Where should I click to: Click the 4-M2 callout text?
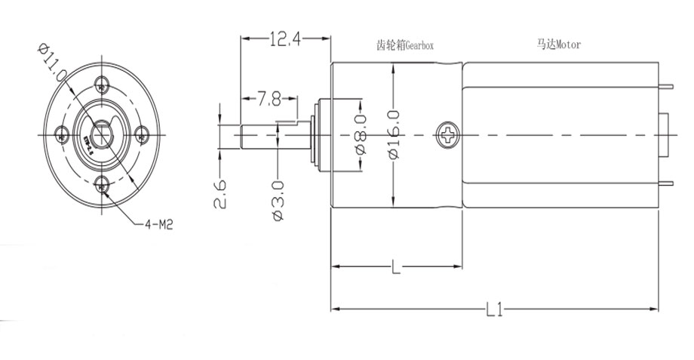pyautogui.click(x=159, y=223)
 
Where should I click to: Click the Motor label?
pyautogui.click(x=559, y=45)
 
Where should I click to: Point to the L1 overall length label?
pyautogui.click(x=494, y=309)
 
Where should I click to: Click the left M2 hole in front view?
pyautogui.click(x=63, y=135)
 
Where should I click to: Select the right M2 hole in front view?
pyautogui.click(x=142, y=134)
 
